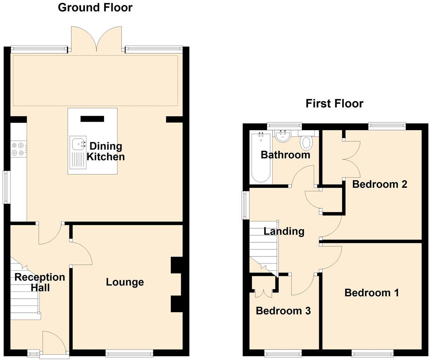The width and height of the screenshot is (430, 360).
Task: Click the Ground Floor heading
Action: coord(95,7)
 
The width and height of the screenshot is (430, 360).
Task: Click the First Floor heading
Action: coord(334,103)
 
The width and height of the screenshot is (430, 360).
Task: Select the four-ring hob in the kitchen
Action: coord(18,149)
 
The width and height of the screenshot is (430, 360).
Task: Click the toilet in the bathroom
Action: coord(306,143)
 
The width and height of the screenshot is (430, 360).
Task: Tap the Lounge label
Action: coord(125,282)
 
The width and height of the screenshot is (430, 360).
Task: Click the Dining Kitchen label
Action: coord(105,151)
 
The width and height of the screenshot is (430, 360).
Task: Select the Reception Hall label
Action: coord(40,282)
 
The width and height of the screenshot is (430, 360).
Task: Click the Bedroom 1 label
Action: coord(371,292)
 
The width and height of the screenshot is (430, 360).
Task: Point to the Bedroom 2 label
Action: coord(379,184)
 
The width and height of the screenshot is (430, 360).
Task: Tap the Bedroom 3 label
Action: coord(283,311)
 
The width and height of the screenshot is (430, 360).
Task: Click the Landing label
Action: coord(284,231)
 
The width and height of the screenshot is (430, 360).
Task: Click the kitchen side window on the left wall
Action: coord(6,187)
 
